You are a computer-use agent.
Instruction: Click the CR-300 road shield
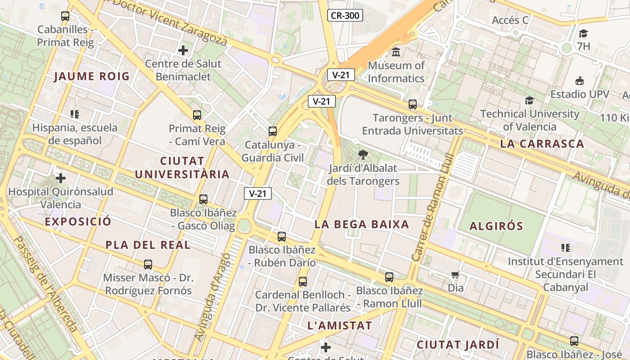(345, 16)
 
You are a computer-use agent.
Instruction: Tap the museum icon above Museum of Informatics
(396, 52)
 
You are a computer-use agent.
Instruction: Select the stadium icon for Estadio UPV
(580, 81)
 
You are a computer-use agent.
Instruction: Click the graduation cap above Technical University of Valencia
(529, 100)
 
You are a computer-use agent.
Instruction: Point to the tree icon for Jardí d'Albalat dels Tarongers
(363, 155)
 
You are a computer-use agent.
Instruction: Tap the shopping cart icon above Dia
(455, 274)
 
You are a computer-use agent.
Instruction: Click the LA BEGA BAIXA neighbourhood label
(362, 224)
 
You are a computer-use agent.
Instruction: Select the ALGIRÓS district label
(496, 226)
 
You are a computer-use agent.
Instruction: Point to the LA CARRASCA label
(542, 144)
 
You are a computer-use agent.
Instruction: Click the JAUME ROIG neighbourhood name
(92, 76)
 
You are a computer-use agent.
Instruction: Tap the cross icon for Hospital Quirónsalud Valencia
(61, 178)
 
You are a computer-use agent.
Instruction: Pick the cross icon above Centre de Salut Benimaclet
(183, 50)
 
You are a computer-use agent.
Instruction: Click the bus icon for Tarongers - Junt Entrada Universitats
(413, 104)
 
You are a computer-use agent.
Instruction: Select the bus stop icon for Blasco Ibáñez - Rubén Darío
(282, 236)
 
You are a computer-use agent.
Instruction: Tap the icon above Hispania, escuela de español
(75, 114)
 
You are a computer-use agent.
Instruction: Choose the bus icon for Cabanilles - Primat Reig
(65, 16)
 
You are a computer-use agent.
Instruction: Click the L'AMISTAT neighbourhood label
(340, 325)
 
